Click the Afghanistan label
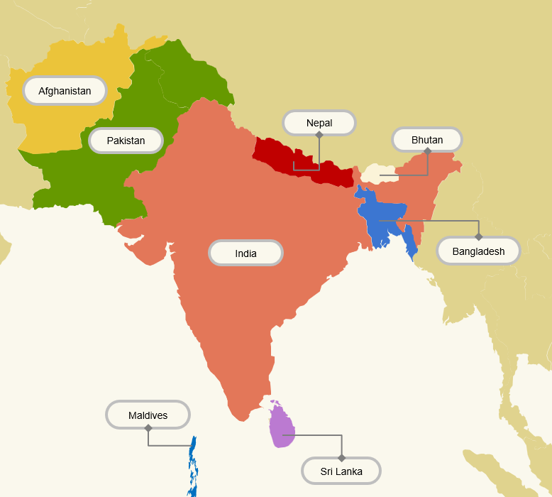65,91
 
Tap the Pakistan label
126,141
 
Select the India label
245,253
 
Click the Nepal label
319,123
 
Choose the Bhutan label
427,140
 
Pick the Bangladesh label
478,251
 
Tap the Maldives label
148,415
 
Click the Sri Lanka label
341,471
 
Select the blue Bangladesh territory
383,217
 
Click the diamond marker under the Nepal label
319,134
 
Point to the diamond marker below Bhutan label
427,151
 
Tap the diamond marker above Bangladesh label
478,236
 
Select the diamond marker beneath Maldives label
148,428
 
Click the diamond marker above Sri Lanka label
341,458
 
